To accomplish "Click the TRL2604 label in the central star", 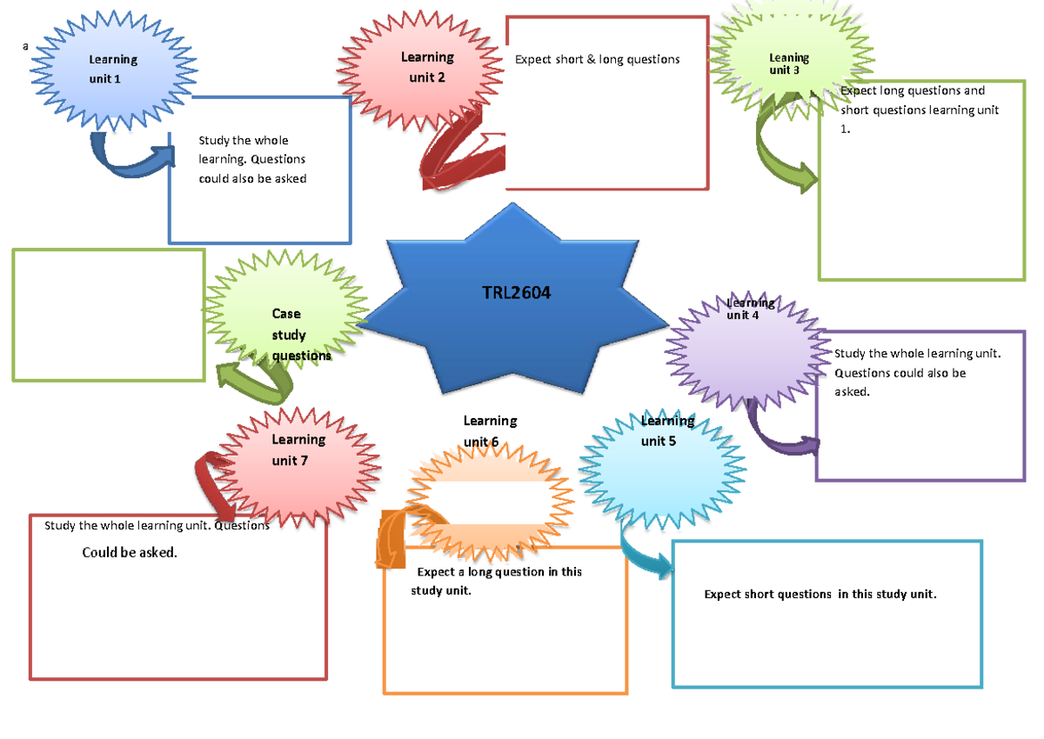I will tap(516, 293).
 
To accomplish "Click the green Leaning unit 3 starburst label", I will tap(789, 63).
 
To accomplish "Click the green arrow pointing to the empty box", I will tap(252, 383).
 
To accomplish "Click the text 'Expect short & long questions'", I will tap(597, 59).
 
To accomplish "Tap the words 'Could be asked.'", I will tap(129, 552).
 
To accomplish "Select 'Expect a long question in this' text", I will tap(499, 571).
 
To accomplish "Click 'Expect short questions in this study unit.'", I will tap(820, 594).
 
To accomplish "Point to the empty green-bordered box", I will tap(109, 315).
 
